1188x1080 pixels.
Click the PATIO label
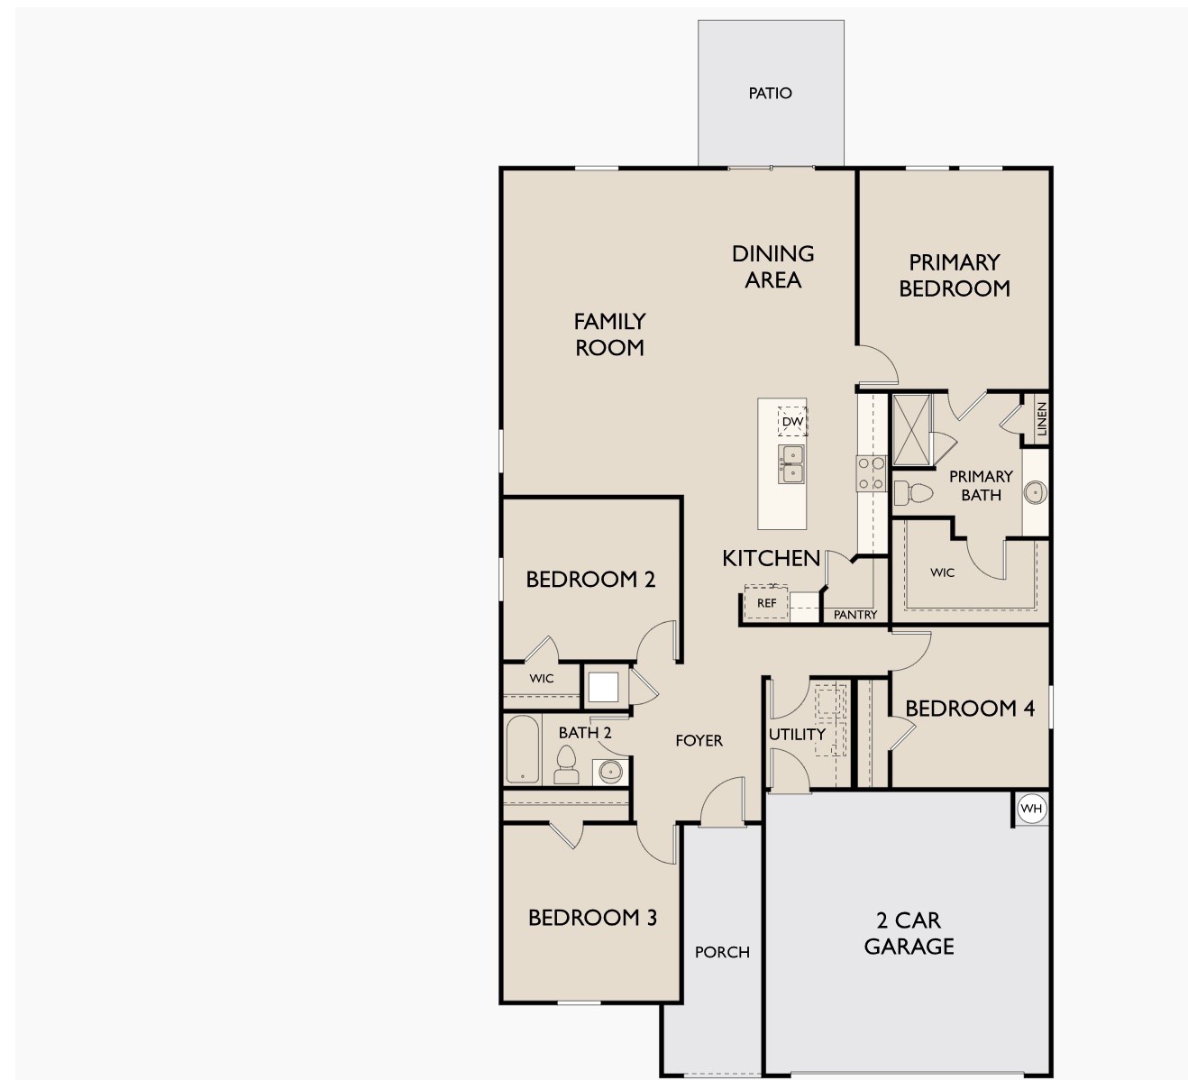[x=770, y=93]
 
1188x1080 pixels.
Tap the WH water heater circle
[x=1031, y=809]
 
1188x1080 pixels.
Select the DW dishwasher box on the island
[x=792, y=421]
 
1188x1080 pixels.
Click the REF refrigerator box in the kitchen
[x=766, y=602]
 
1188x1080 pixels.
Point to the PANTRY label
[x=854, y=615]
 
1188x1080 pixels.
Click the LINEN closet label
[x=1041, y=419]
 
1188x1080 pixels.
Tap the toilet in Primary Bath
[x=914, y=493]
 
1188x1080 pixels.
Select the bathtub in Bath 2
[x=522, y=749]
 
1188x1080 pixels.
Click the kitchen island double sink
[x=791, y=463]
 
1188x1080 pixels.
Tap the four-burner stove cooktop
[x=871, y=473]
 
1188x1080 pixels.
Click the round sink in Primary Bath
[x=1035, y=492]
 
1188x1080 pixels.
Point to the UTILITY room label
[x=797, y=735]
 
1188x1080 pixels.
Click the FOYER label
[x=699, y=740]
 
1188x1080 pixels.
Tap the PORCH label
[x=722, y=952]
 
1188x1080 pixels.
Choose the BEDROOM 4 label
[x=970, y=709]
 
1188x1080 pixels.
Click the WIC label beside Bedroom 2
[x=542, y=679]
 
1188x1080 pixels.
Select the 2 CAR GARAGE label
[x=909, y=933]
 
